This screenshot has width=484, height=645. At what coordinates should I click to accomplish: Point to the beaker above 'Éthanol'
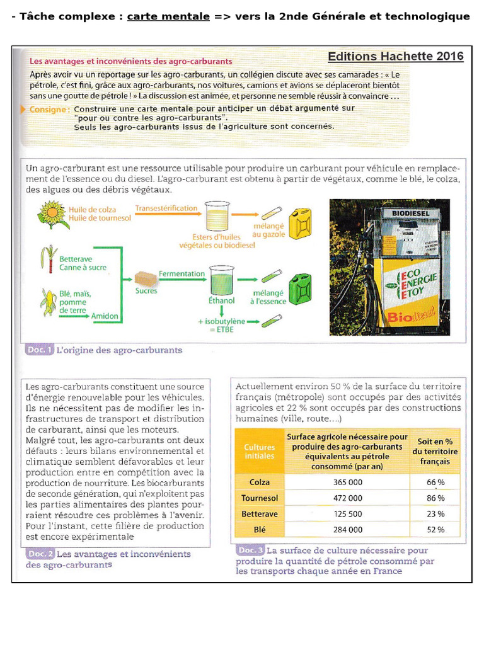pyautogui.click(x=221, y=278)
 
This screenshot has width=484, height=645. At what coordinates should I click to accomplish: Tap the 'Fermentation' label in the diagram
pyautogui.click(x=181, y=274)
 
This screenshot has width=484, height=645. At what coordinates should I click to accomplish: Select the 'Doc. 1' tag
pyautogui.click(x=39, y=350)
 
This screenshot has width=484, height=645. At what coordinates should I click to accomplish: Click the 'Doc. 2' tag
pyautogui.click(x=40, y=554)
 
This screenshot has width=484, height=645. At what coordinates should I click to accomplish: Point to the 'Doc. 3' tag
pyautogui.click(x=250, y=550)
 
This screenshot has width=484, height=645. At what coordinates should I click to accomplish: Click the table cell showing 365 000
pyautogui.click(x=347, y=482)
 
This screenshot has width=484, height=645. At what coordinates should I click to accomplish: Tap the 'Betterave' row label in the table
pyautogui.click(x=259, y=513)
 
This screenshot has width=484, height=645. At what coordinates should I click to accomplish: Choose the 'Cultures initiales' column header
pyautogui.click(x=259, y=451)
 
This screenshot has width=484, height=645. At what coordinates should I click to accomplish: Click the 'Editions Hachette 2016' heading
pyautogui.click(x=395, y=57)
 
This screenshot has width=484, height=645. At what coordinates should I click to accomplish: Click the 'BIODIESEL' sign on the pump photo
pyautogui.click(x=410, y=214)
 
